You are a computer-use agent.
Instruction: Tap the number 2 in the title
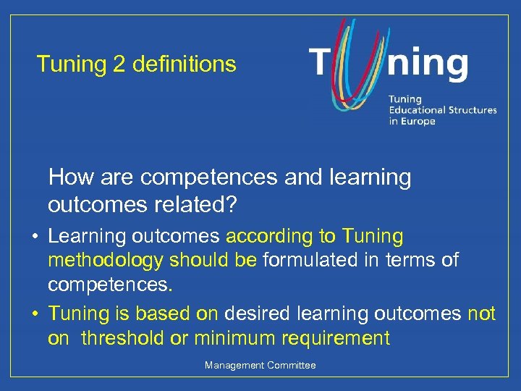click(119, 64)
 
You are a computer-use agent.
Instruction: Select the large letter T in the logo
click(323, 63)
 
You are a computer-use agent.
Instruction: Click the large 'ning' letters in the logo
click(427, 64)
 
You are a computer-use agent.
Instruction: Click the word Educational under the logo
click(417, 110)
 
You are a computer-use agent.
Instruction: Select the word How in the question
click(67, 177)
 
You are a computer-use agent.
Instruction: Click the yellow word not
click(481, 314)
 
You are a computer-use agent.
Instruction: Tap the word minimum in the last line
click(235, 337)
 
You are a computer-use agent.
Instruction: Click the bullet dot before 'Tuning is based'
click(34, 314)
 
